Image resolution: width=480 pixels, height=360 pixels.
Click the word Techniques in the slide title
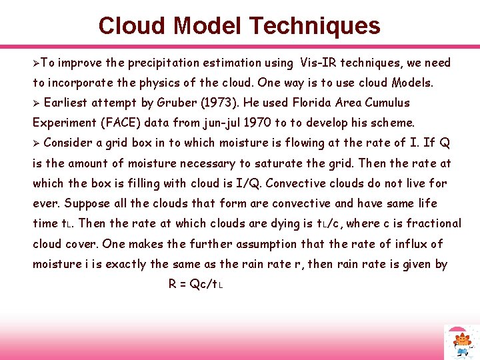pyautogui.click(x=315, y=26)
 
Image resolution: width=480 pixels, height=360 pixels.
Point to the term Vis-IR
pyautogui.click(x=321, y=63)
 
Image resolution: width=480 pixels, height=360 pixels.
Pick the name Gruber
pyautogui.click(x=173, y=103)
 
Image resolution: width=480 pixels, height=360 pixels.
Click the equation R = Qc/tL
pyautogui.click(x=195, y=284)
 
